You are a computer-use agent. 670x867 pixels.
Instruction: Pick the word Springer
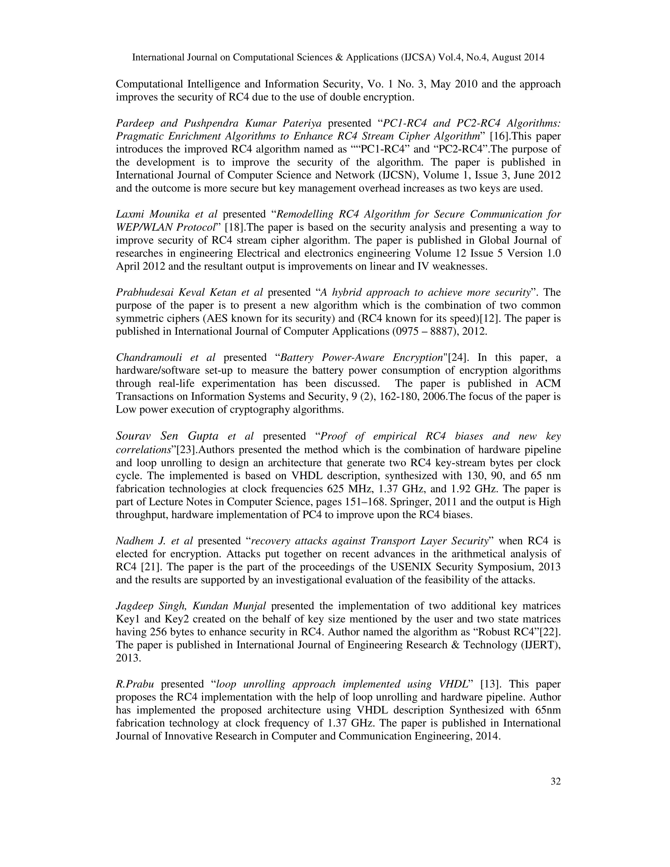click(x=407, y=502)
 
